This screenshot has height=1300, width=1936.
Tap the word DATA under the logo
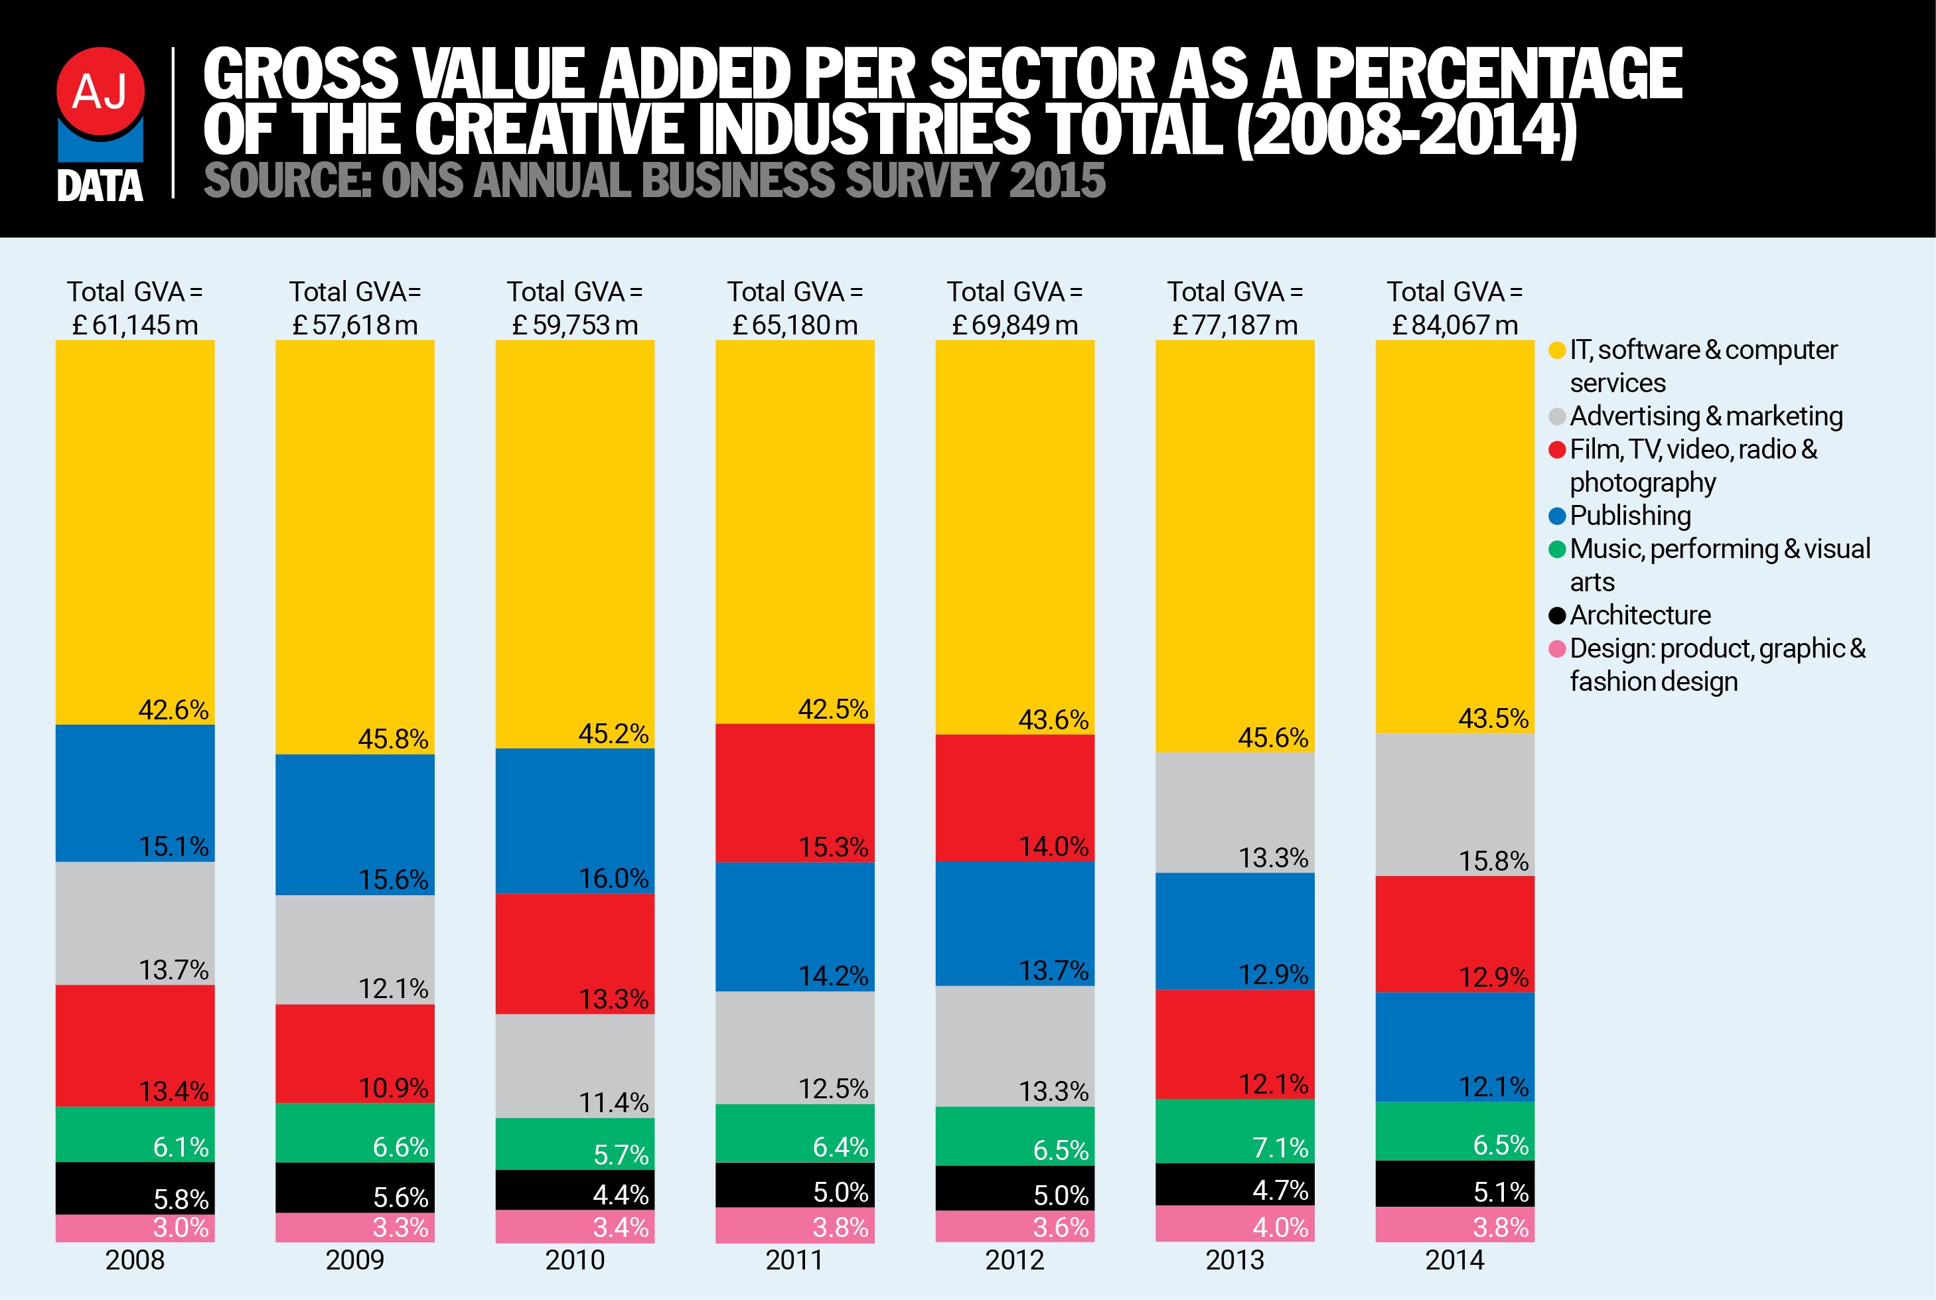tap(100, 186)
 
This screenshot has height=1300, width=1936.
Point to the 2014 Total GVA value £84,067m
tap(1454, 325)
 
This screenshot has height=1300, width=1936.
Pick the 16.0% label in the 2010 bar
tap(613, 879)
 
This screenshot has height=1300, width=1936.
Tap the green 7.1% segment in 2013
tap(1234, 1131)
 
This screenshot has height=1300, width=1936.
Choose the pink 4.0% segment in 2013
tap(1234, 1224)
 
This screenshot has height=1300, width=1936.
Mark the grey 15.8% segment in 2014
tap(1454, 804)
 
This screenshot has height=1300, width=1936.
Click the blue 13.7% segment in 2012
tap(1014, 924)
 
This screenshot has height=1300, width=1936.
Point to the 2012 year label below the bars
tap(1014, 1260)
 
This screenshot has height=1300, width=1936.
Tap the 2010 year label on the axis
tap(575, 1260)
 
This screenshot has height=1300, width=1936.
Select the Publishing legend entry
tap(1629, 516)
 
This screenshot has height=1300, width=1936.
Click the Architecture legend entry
tap(1639, 615)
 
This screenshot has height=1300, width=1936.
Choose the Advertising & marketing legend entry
tap(1704, 416)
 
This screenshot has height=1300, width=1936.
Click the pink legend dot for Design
tap(1556, 648)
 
